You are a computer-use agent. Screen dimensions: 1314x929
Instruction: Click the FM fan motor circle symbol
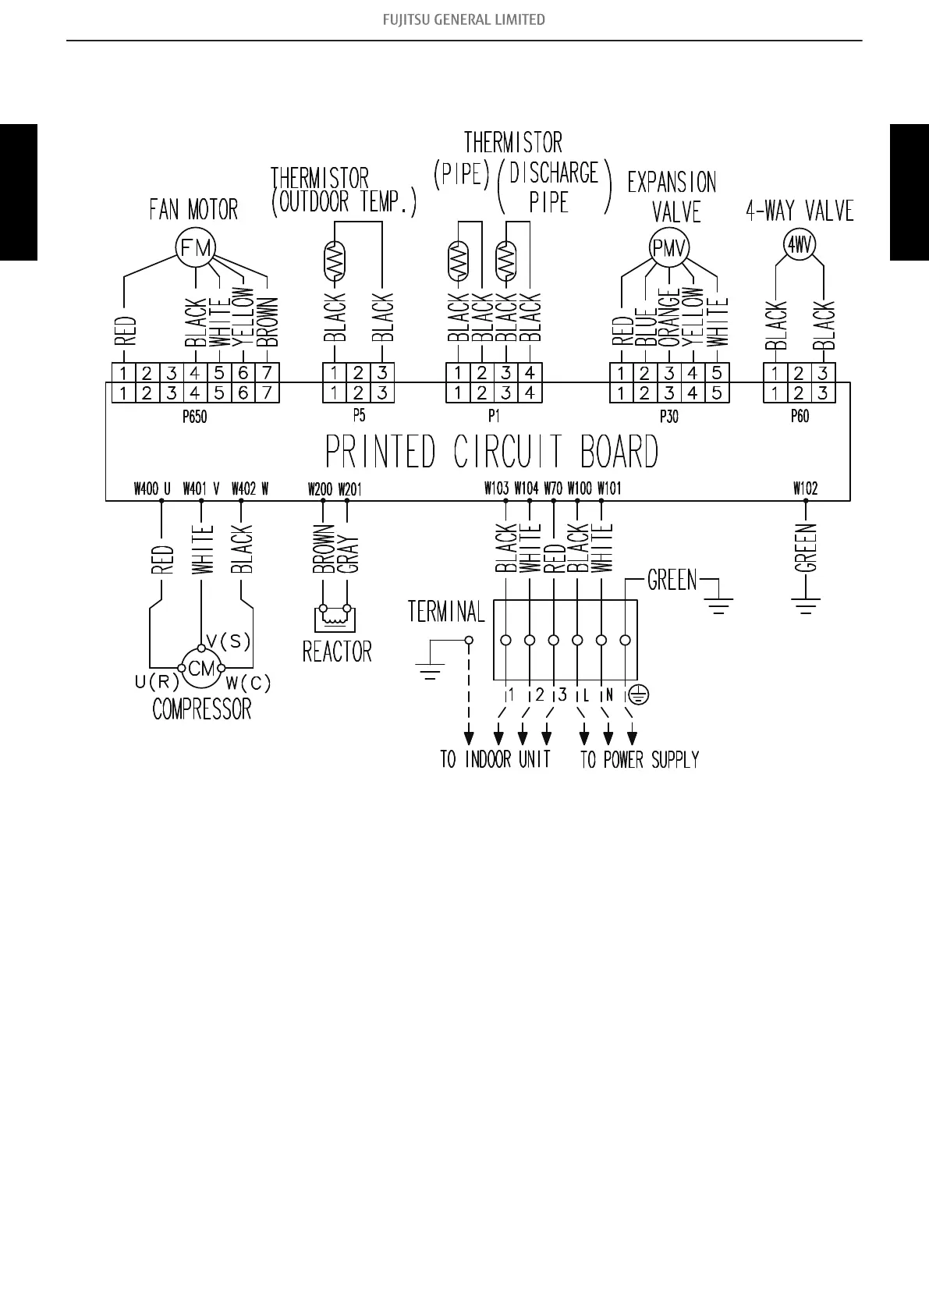coord(195,248)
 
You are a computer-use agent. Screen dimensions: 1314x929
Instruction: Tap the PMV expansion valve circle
coord(669,249)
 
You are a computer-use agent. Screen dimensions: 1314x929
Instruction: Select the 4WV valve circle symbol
coord(800,245)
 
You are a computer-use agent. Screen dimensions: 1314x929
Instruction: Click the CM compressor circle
coord(201,668)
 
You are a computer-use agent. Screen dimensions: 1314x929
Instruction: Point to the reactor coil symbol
coord(335,616)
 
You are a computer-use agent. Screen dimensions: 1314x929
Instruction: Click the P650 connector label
coord(194,417)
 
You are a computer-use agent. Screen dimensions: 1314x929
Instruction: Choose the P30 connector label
coord(669,417)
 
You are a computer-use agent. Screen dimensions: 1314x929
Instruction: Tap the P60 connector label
coord(800,417)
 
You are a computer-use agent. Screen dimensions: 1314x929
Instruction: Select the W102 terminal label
coord(805,488)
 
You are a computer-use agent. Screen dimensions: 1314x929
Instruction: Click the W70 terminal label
coord(553,488)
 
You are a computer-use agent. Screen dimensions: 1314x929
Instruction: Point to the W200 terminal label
coord(320,489)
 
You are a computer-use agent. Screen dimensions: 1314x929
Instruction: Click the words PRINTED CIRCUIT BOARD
coord(491,452)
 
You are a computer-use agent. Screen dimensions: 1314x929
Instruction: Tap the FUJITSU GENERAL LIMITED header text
coord(464,20)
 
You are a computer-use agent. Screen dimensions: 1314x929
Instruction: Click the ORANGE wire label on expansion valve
coord(669,318)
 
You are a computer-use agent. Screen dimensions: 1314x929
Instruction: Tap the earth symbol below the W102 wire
coord(806,606)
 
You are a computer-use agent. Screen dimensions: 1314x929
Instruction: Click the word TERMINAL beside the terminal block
coord(446,612)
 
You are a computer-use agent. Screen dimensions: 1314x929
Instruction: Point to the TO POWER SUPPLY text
coord(640,759)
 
